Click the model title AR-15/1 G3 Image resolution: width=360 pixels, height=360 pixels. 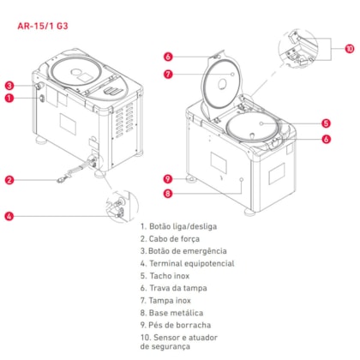pos(43,26)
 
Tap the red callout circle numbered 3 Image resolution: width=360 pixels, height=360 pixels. pos(9,86)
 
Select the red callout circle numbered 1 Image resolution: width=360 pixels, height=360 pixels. pos(9,99)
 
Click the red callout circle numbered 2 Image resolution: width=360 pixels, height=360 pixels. pos(9,180)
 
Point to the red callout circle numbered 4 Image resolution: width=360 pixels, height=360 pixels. pos(9,216)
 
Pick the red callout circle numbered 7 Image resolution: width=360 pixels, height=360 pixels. pos(168,75)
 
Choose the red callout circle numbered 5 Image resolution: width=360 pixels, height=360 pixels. pos(326,123)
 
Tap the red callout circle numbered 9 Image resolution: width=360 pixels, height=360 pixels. pos(168,179)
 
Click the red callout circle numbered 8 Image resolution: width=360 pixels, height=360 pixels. pos(168,194)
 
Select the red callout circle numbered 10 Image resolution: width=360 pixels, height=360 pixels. pos(350,49)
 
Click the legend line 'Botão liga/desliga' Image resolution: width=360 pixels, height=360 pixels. pos(179,226)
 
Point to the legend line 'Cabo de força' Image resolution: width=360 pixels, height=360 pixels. pos(170,239)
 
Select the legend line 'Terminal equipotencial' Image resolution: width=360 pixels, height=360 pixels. pos(188,263)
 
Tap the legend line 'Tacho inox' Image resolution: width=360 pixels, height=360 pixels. pos(165,276)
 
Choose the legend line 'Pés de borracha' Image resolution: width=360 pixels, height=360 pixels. pos(176,325)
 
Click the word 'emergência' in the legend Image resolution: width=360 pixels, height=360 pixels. pos(205,251)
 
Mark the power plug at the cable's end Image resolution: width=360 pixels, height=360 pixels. pos(60,180)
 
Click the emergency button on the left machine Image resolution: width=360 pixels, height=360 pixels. pos(39,86)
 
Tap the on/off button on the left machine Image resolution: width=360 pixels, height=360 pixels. pos(42,99)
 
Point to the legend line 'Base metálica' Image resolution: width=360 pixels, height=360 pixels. pos(171,313)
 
